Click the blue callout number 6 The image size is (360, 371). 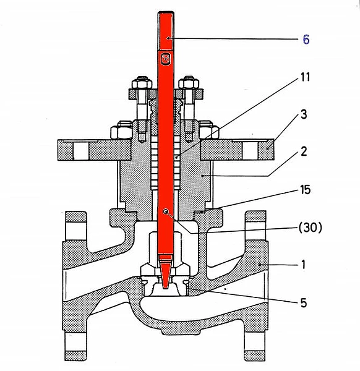point(306,40)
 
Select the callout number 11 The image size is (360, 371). point(305,77)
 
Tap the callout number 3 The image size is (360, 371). point(304,114)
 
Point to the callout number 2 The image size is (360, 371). point(304,151)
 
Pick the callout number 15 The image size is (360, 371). point(306,190)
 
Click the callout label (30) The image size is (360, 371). point(311,228)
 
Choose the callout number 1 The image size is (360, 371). point(304,265)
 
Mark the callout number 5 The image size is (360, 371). point(304,303)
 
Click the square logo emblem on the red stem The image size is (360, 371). point(165,59)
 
